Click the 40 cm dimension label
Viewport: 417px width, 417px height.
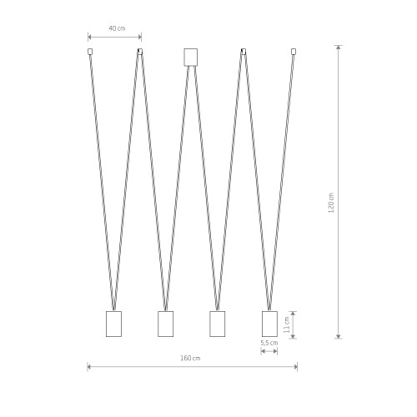117,28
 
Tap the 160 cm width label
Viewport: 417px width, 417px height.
190,358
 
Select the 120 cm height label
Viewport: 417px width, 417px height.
331,203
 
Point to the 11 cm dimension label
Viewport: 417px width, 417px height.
287,325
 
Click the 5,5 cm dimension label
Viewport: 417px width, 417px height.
269,343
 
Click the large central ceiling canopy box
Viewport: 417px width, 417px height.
191,58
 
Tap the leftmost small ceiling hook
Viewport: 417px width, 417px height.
90,52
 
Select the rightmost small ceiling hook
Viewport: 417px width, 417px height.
294,52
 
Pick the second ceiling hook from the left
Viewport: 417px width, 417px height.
140,52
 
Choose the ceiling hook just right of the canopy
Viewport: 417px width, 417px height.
244,52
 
